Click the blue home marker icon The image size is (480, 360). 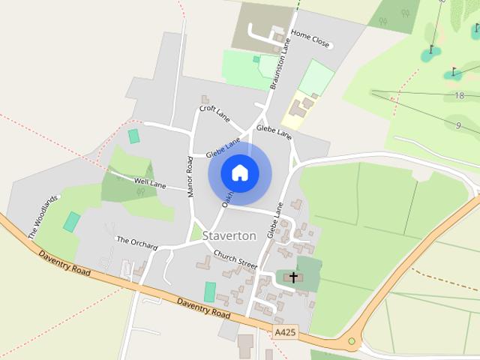coord(239,172)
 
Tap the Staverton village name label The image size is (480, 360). coord(229,235)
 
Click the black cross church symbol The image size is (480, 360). coord(293,277)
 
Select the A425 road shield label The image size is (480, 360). coord(284,331)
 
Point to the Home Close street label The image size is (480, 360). coord(310,39)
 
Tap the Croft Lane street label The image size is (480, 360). coord(214,112)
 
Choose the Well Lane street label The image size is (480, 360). coord(150,182)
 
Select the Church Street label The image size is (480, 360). coord(235,259)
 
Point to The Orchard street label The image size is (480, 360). coord(136,242)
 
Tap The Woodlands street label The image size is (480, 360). coord(43,217)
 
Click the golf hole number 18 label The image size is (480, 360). coord(460,96)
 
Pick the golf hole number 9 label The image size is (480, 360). coord(457,125)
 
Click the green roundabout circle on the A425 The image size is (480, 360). coord(351,342)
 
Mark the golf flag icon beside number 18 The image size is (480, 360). coord(453,73)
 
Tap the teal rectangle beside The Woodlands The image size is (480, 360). coord(71,222)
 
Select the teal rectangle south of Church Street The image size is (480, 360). coord(210,292)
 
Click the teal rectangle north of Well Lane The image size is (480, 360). coord(134,136)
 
